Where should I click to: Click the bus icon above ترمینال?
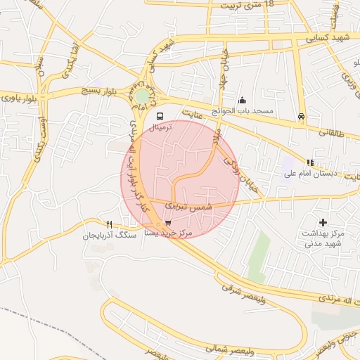pyautogui.click(x=160, y=115)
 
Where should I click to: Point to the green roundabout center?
pyautogui.click(x=143, y=96)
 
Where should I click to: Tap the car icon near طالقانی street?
pyautogui.click(x=302, y=116)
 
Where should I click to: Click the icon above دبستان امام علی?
pyautogui.click(x=310, y=161)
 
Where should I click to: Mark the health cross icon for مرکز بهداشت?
pyautogui.click(x=323, y=222)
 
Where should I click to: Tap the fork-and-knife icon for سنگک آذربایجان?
pyautogui.click(x=108, y=225)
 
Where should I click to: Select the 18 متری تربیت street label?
pyautogui.click(x=247, y=4)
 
